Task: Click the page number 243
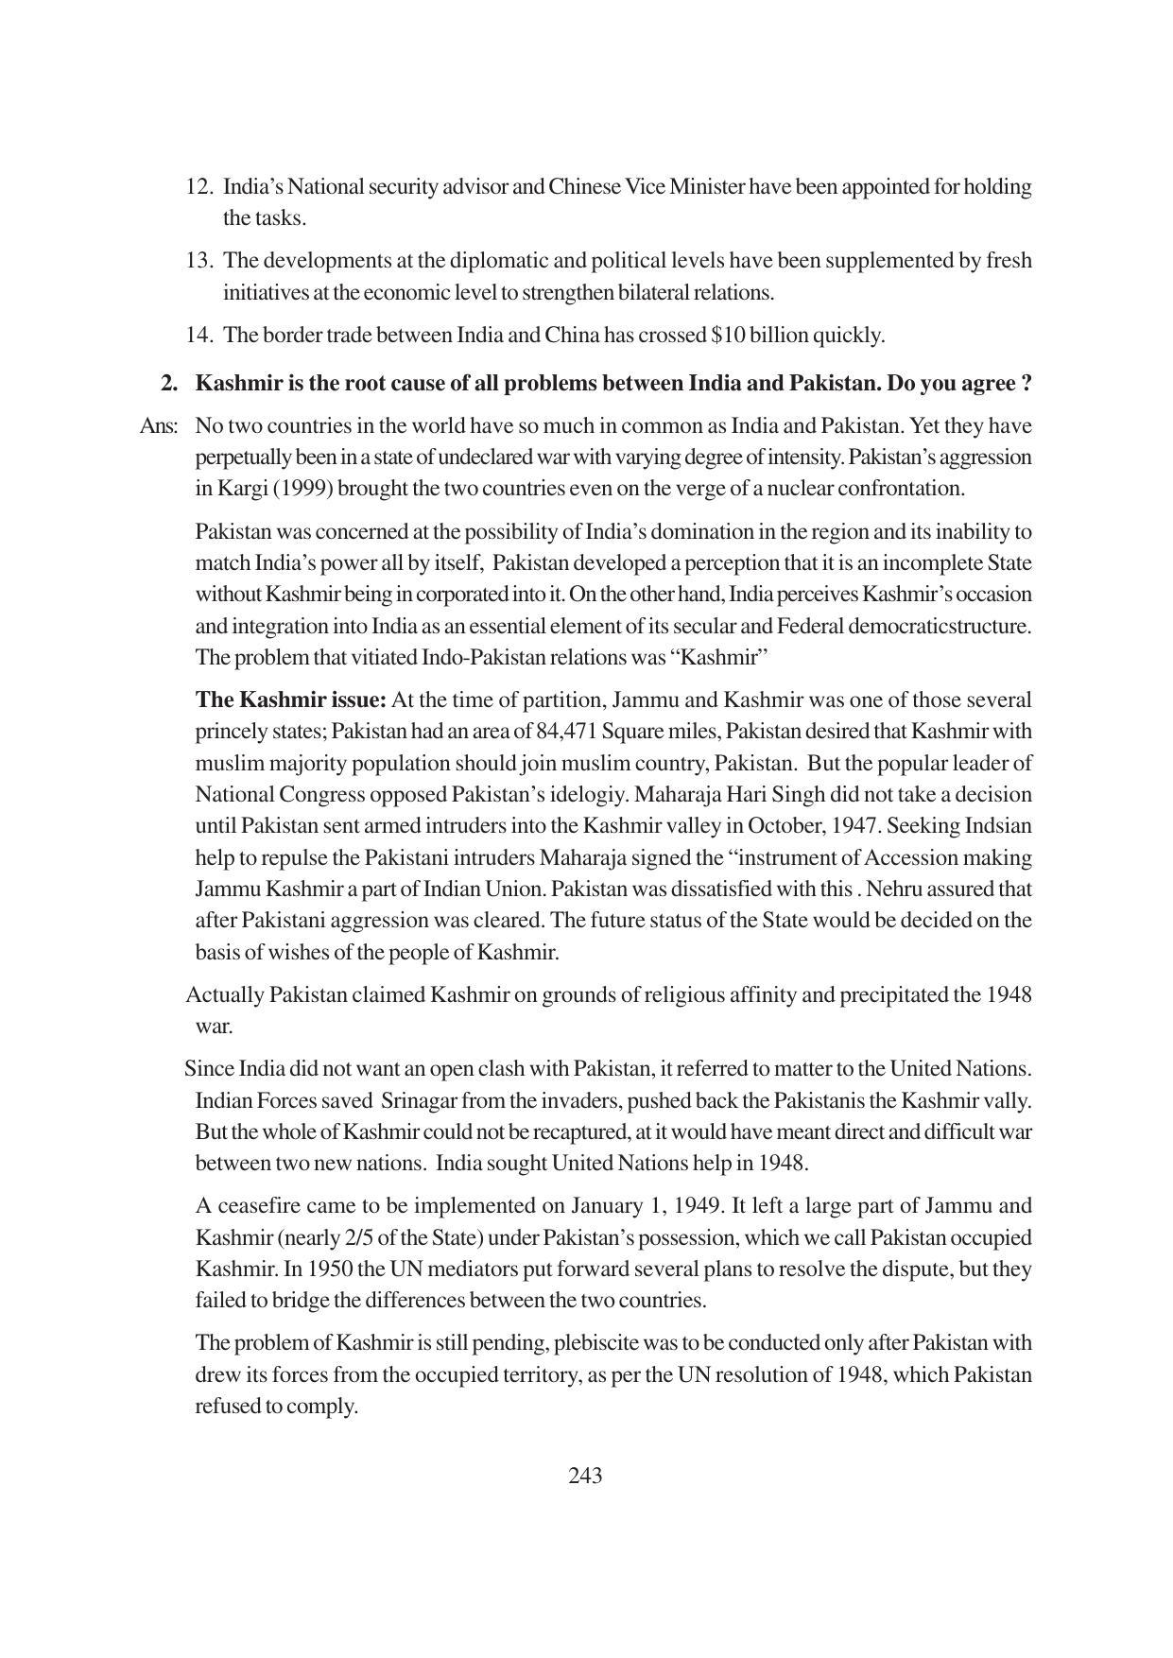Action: (585, 1476)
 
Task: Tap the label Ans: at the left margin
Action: (159, 426)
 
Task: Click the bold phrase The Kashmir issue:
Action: (291, 700)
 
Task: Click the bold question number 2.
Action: (169, 384)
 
